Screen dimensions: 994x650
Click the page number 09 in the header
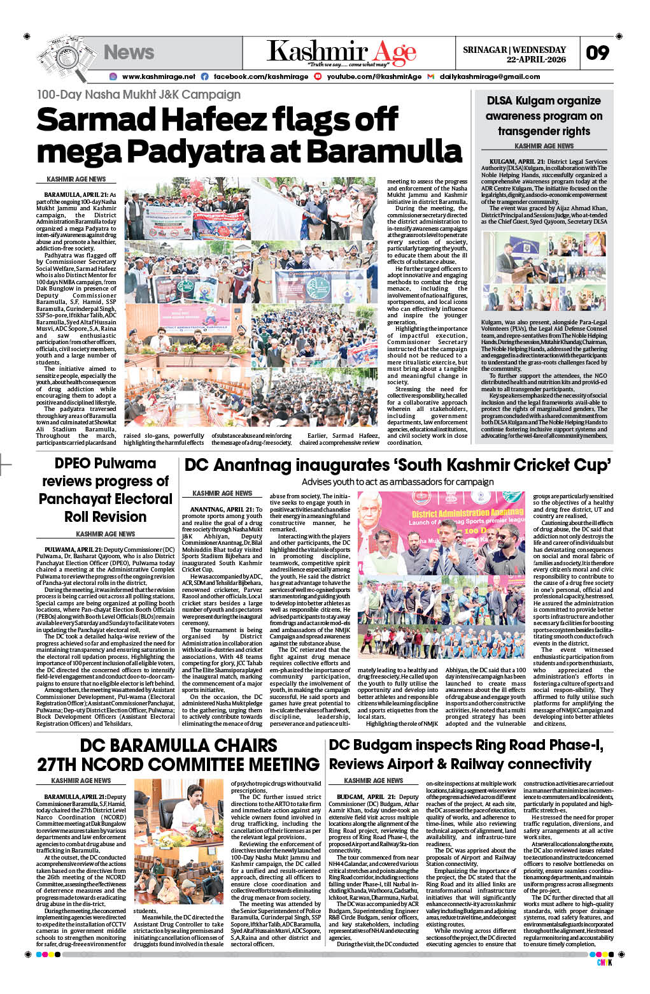(x=597, y=53)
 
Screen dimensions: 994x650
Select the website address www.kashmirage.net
(x=159, y=76)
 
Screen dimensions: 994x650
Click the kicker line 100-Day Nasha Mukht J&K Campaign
(x=138, y=94)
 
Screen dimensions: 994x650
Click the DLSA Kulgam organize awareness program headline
(x=544, y=116)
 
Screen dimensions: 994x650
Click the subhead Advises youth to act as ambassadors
(x=397, y=482)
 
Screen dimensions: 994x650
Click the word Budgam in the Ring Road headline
(x=383, y=745)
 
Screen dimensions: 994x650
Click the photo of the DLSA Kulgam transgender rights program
(x=544, y=271)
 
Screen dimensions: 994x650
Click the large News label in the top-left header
(x=129, y=52)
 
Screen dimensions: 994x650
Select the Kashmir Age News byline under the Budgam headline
(x=373, y=781)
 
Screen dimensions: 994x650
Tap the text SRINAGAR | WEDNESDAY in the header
(x=514, y=50)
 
